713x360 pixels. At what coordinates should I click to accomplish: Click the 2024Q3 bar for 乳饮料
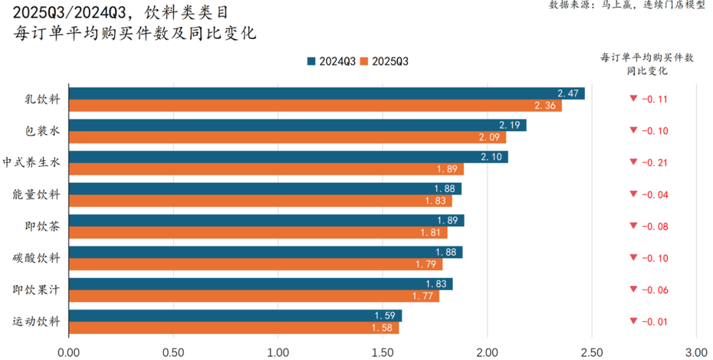tap(326, 93)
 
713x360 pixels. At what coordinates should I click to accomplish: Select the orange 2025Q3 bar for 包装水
tap(287, 137)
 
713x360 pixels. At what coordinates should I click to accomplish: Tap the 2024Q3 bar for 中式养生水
tap(288, 157)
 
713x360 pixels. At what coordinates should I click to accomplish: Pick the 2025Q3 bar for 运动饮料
tap(233, 328)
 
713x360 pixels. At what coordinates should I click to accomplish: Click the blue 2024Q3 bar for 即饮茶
tap(266, 220)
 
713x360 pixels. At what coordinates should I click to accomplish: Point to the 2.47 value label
tap(568, 93)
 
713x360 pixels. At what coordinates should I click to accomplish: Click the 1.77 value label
tap(423, 296)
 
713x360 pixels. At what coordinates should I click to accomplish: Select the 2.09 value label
tap(490, 137)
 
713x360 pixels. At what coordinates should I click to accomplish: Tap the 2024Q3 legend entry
tap(332, 61)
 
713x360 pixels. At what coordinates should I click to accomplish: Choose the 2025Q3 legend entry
tap(385, 61)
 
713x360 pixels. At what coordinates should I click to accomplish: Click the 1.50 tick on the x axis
tap(382, 351)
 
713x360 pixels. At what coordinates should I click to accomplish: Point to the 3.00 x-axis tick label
tap(696, 351)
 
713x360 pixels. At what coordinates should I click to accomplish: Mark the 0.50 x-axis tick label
tap(173, 351)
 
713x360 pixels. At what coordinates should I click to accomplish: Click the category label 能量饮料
tap(36, 195)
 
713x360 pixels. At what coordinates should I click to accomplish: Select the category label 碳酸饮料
tap(36, 258)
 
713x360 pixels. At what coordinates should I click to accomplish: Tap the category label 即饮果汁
tap(36, 289)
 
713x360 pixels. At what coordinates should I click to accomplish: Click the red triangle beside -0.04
tap(633, 194)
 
